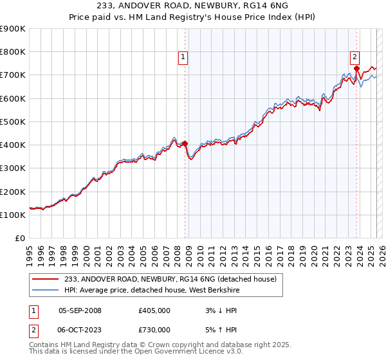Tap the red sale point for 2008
[x=185, y=143]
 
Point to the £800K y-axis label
[x=13, y=52]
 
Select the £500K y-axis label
[x=13, y=122]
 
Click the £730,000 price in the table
[x=154, y=330]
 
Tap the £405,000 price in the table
[x=154, y=310]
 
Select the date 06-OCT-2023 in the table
[x=80, y=330]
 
